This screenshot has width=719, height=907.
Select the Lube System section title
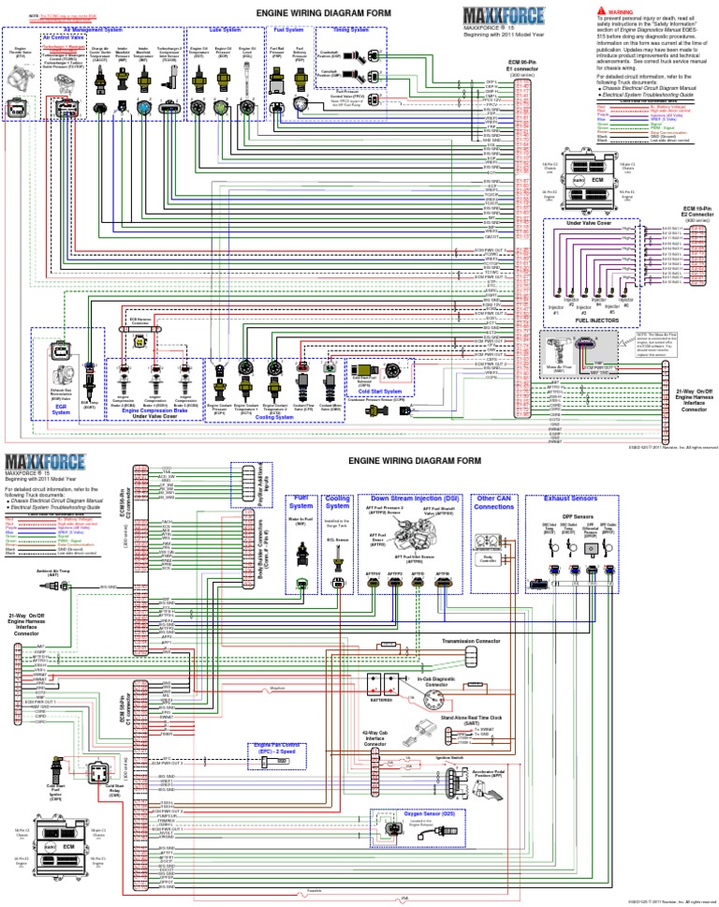point(225,29)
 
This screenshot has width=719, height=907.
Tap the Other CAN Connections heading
point(495,501)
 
